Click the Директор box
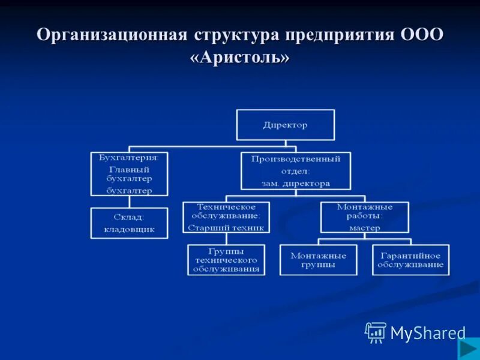[285, 125]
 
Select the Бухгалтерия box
[129, 174]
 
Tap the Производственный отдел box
[296, 171]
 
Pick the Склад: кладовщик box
[129, 223]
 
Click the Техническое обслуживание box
[226, 217]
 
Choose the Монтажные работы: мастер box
[364, 217]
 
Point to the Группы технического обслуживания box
[226, 260]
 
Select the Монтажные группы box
[317, 260]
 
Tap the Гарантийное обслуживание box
[410, 260]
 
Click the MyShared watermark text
[428, 333]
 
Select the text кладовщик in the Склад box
[129, 229]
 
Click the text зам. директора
[296, 184]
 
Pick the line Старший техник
[226, 227]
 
